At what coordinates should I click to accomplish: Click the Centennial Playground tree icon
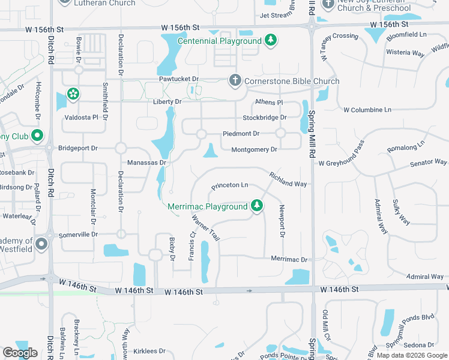point(271,40)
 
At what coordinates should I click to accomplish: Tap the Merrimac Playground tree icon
point(257,206)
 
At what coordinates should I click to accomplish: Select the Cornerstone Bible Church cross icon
point(235,80)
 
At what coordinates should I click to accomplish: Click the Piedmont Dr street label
point(241,134)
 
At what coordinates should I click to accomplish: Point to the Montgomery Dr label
point(255,149)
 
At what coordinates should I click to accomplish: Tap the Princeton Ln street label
point(229,186)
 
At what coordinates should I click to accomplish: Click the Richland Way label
point(288,179)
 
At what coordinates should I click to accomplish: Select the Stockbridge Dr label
point(265,118)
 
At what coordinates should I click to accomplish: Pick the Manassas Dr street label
point(146,163)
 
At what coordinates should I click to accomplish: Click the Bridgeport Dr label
point(77,148)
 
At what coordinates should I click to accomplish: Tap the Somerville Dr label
point(78,234)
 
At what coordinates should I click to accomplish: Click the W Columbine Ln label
point(367,110)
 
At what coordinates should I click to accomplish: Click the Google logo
point(20,353)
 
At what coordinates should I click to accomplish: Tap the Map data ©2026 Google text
point(412,355)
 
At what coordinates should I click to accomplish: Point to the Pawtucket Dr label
point(178,79)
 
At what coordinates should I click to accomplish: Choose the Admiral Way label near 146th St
point(424,277)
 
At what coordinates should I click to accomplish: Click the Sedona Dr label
point(418,345)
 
